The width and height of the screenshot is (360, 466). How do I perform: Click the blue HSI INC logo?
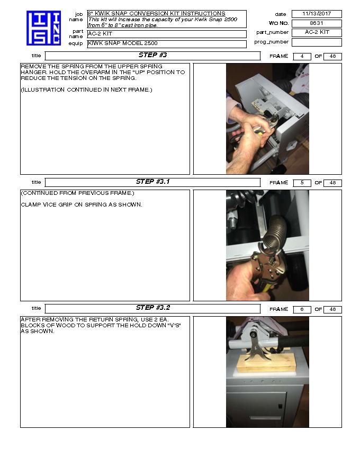pyautogui.click(x=43, y=28)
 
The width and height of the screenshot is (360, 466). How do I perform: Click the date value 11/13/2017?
pyautogui.click(x=317, y=14)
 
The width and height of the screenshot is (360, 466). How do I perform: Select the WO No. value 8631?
pyautogui.click(x=317, y=23)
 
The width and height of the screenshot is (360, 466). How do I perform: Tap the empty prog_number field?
pyautogui.click(x=317, y=42)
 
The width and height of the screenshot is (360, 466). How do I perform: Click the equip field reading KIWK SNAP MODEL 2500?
pyautogui.click(x=167, y=43)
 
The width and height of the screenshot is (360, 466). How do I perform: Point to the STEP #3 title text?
pyautogui.click(x=152, y=55)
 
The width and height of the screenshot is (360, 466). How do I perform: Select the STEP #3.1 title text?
pyautogui.click(x=152, y=182)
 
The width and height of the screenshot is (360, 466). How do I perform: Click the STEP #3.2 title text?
pyautogui.click(x=152, y=308)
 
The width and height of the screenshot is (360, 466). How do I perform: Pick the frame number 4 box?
pyautogui.click(x=302, y=57)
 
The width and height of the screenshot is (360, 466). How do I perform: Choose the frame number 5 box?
pyautogui.click(x=302, y=183)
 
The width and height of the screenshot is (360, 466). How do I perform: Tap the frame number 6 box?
pyautogui.click(x=302, y=309)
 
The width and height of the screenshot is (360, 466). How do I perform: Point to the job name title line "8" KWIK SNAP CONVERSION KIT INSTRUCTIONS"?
pyautogui.click(x=157, y=14)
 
